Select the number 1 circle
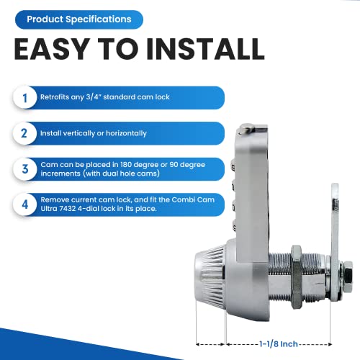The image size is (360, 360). tap(25, 98)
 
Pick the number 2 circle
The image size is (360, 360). tap(25, 132)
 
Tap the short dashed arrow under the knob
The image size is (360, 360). tap(210, 325)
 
